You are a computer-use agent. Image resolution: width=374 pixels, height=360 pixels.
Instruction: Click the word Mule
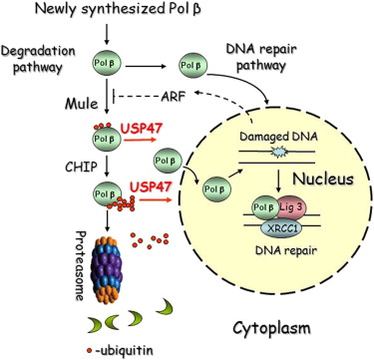tap(82, 104)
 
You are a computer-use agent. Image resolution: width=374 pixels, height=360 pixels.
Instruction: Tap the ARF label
tap(174, 97)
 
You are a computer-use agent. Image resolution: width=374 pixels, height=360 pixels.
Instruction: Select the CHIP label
tap(81, 167)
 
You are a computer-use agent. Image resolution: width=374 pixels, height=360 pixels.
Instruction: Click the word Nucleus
tap(323, 179)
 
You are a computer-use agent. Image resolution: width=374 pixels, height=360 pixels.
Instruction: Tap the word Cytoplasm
tap(271, 328)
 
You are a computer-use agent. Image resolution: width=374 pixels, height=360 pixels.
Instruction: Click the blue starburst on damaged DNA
tap(277, 153)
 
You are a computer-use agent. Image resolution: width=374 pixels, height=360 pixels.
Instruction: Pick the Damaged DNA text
tap(277, 137)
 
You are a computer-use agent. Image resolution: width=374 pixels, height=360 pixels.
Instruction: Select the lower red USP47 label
tap(151, 187)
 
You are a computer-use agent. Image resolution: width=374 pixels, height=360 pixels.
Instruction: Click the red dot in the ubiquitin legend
tap(88, 350)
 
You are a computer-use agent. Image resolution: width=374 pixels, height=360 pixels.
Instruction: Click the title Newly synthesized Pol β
tap(119, 9)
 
